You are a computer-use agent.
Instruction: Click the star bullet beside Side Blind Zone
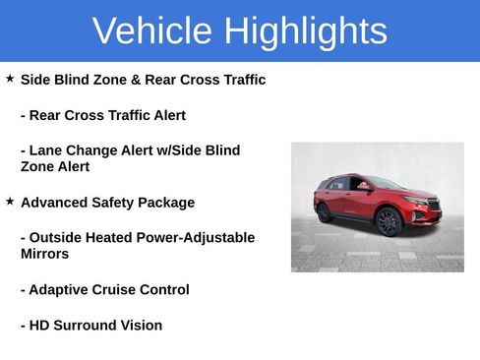point(10,78)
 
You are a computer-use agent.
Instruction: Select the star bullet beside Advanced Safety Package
point(10,201)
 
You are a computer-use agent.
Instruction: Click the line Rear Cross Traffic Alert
point(103,115)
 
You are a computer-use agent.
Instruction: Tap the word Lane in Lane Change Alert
point(45,150)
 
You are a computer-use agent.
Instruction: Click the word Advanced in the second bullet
point(55,203)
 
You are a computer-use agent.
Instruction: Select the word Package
point(167,203)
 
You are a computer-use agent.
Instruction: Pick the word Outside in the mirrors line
point(55,238)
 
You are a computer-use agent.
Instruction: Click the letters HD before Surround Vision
point(39,326)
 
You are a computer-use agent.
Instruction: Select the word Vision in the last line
point(141,326)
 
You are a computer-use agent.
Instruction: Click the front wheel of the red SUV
point(390,222)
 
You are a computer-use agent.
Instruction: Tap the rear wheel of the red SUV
point(325,212)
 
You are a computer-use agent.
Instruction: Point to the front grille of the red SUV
point(431,205)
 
